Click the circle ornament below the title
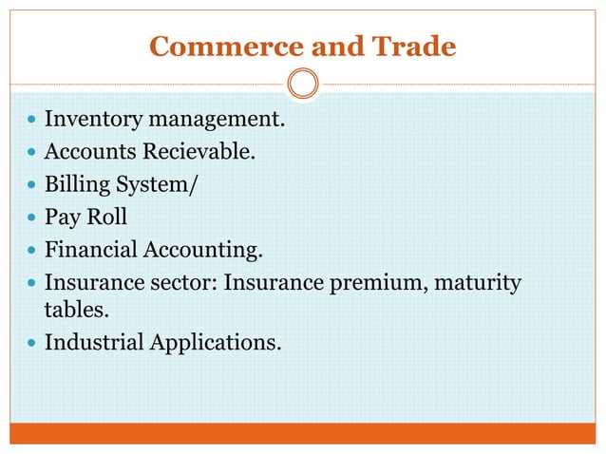coord(302,85)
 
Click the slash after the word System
coord(194,183)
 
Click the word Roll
coord(106,217)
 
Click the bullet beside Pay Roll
coord(32,218)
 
